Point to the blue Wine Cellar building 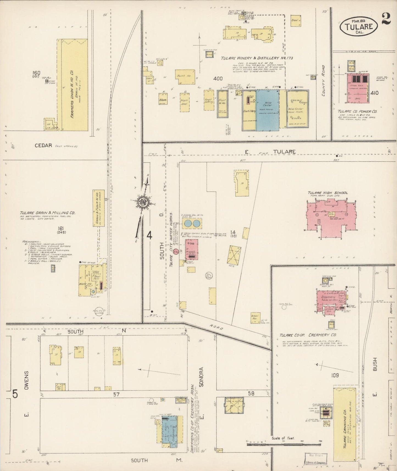(x=267, y=110)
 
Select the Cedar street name (x=43, y=145)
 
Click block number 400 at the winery (x=218, y=79)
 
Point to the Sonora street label (x=202, y=377)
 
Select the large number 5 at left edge (x=15, y=394)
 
